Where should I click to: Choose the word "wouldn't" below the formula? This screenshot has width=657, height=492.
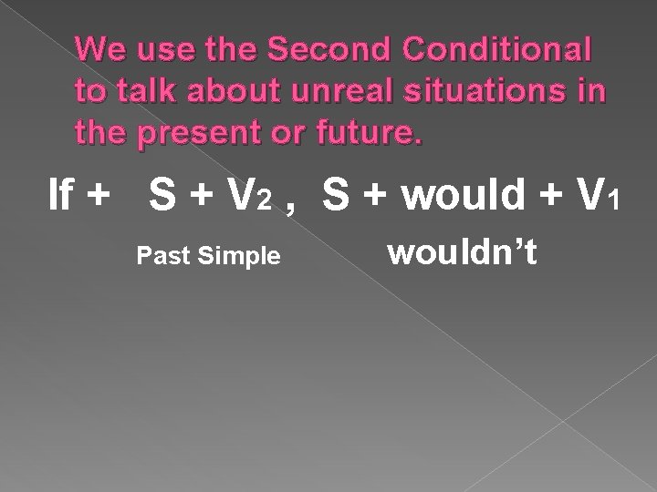(x=464, y=254)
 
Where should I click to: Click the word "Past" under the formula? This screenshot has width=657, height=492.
(x=156, y=258)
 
